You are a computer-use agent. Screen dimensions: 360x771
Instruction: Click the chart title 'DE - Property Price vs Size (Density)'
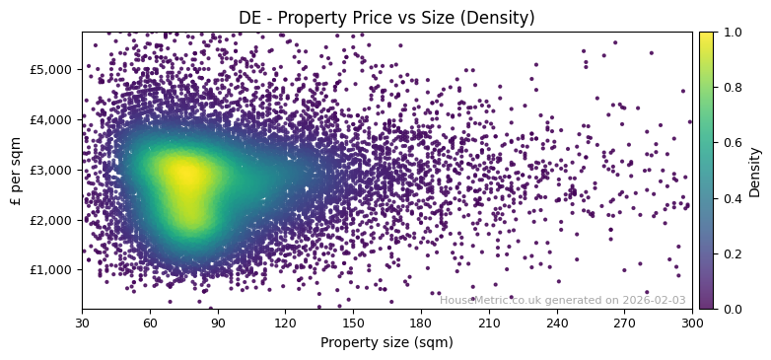[386, 18]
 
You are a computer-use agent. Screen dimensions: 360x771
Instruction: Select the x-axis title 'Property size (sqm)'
[386, 343]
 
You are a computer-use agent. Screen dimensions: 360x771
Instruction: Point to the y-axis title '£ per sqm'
[16, 170]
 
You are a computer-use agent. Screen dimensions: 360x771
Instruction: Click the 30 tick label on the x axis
[82, 323]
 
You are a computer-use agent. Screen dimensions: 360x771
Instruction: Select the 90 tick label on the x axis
[218, 323]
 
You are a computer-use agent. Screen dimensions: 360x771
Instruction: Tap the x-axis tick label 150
[353, 323]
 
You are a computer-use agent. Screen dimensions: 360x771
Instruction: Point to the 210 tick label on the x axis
[489, 323]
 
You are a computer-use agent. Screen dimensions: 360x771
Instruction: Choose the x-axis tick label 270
[624, 323]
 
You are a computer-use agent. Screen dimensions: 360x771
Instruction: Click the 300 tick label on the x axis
[692, 323]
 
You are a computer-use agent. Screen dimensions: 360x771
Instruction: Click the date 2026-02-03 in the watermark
[654, 301]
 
